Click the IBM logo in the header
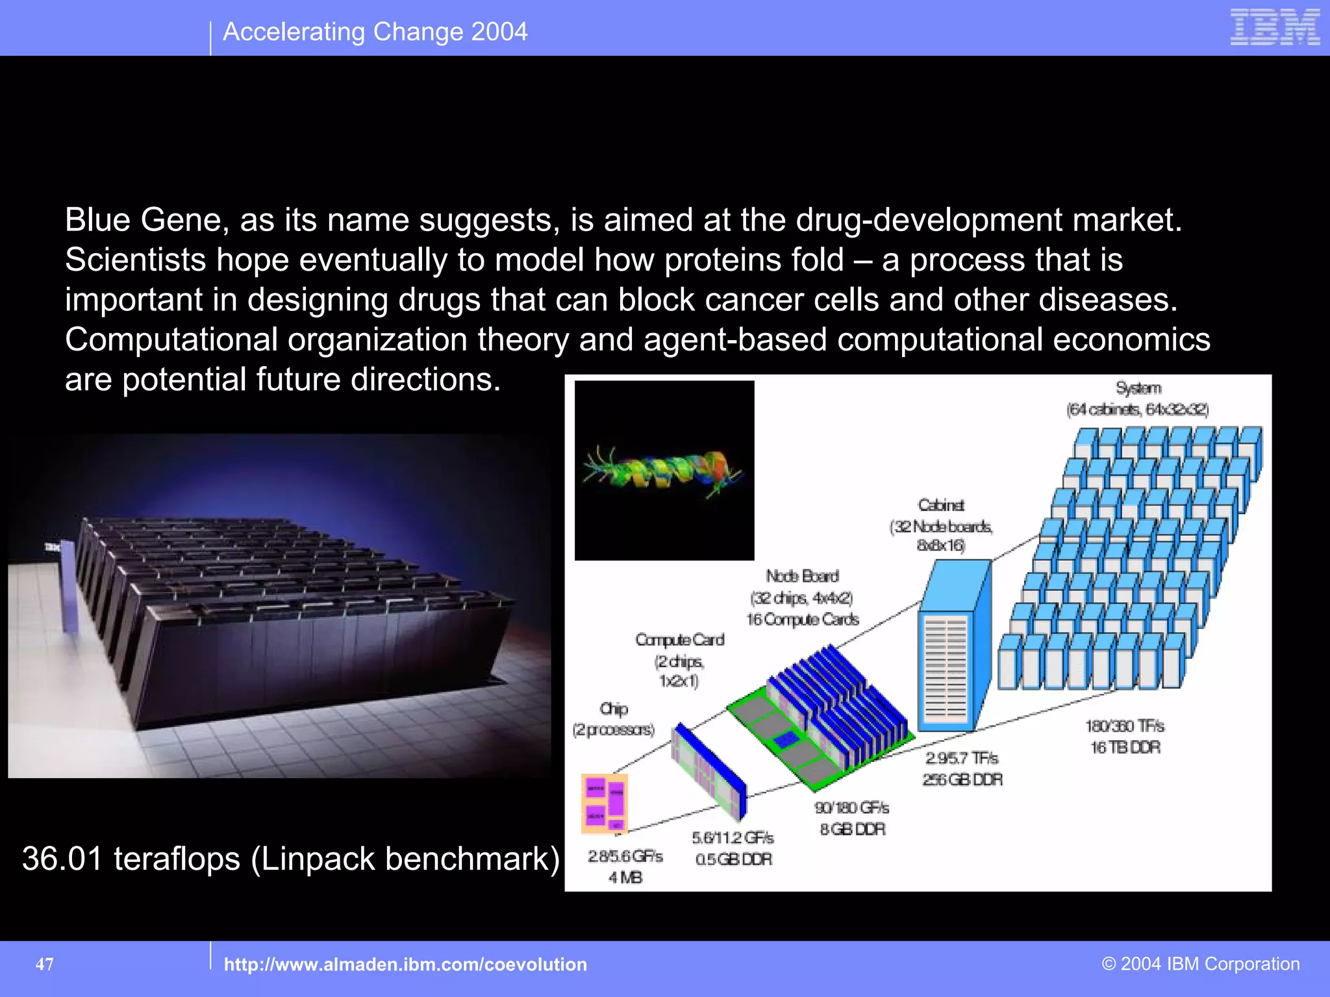(x=1275, y=27)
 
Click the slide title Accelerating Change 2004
(x=375, y=32)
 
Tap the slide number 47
(x=44, y=964)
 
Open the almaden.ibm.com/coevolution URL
(x=405, y=965)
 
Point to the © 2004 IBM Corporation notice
(x=1200, y=964)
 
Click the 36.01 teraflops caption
(x=290, y=858)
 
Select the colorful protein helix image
(x=664, y=470)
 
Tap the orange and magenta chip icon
(x=604, y=803)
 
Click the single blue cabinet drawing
(x=953, y=646)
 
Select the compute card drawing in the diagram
(x=709, y=770)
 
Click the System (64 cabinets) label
(x=1138, y=399)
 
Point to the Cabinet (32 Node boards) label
(x=941, y=525)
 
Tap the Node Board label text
(x=802, y=576)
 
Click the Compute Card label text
(x=679, y=640)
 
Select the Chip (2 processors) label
(x=614, y=719)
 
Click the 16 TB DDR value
(x=1125, y=748)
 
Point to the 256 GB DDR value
(x=962, y=780)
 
